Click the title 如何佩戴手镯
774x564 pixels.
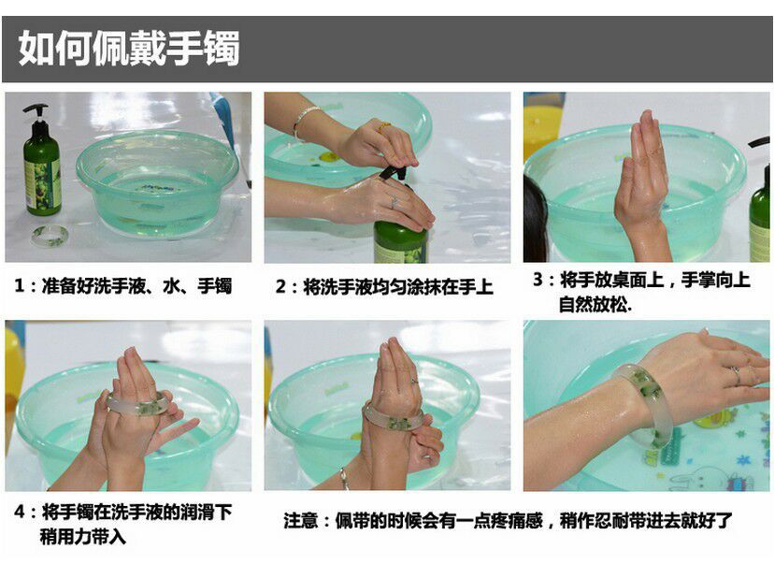(129, 48)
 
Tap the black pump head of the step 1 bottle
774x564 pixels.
(36, 112)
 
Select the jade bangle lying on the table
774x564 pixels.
(50, 236)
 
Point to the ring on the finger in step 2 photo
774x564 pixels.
(394, 201)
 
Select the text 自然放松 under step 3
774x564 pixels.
(594, 304)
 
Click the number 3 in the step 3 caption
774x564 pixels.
(537, 280)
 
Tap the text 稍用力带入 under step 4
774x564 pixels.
(83, 536)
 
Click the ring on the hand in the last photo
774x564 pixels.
(736, 375)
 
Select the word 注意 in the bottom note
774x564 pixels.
(301, 521)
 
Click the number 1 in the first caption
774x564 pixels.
(20, 286)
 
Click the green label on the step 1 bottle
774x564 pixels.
(42, 183)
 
